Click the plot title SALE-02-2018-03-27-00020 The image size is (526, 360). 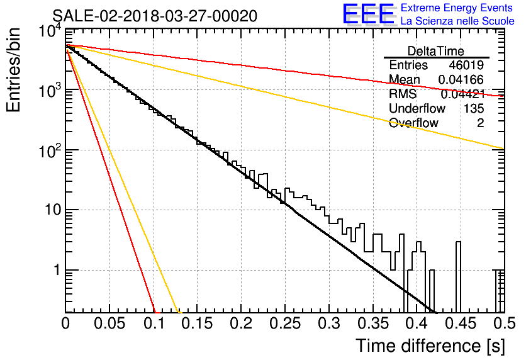pos(155,16)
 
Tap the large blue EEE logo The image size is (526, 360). pos(369,14)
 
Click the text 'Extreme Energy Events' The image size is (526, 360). pos(457,8)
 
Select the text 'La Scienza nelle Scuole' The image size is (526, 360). pos(457,21)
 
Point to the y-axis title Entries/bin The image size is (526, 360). pos(14,70)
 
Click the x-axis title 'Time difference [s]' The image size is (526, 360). pos(430,346)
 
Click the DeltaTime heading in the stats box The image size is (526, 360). pos(436,51)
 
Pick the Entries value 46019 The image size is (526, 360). pos(466,65)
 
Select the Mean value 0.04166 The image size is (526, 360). pos(461,79)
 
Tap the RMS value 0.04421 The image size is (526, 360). pos(462,94)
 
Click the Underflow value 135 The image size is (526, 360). pos(474,108)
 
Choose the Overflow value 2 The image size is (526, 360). pos(480,123)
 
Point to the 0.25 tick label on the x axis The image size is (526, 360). pos(285,323)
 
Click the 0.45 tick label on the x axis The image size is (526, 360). pos(461,323)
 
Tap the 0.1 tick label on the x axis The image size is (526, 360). pos(154,323)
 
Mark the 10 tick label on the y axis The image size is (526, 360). pos(53,210)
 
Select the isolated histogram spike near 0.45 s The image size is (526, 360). pos(458,277)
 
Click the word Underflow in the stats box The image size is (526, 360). pos(417,108)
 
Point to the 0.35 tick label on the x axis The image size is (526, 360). pos(373,323)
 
